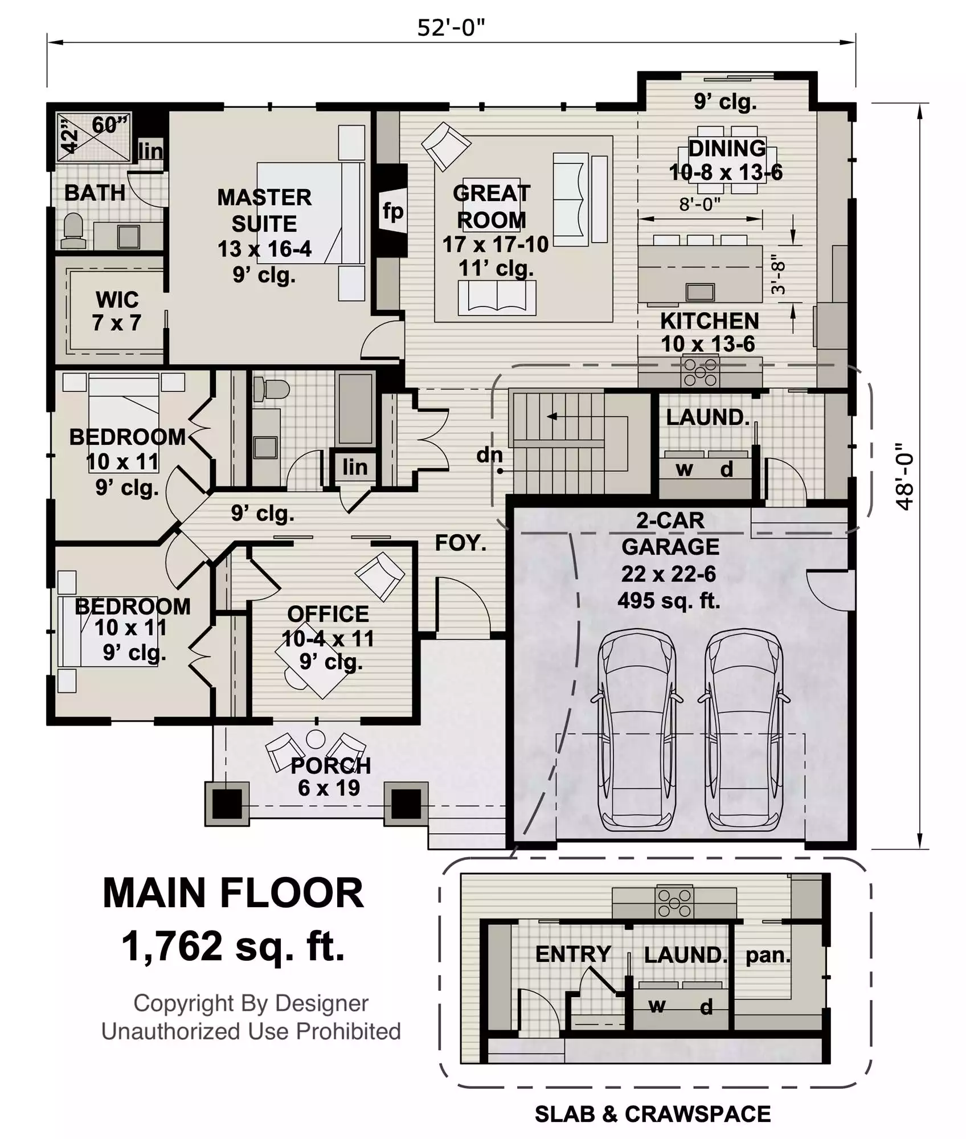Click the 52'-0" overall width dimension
(x=451, y=27)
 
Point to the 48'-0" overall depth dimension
(x=904, y=477)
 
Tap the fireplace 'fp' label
(x=393, y=211)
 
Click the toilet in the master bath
(x=73, y=230)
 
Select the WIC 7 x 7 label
(x=117, y=311)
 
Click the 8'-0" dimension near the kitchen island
(x=699, y=204)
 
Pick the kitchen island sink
(x=700, y=292)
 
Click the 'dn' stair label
(x=490, y=454)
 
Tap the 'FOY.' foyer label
(x=461, y=543)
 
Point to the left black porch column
(x=227, y=804)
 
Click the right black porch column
(x=406, y=804)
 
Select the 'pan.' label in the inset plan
(x=768, y=955)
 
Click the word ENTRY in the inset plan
(x=573, y=954)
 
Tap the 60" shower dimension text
(x=110, y=125)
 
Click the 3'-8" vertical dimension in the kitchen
(x=778, y=274)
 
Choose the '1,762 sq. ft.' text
(x=233, y=947)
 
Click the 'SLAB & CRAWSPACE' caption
(x=653, y=1114)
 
